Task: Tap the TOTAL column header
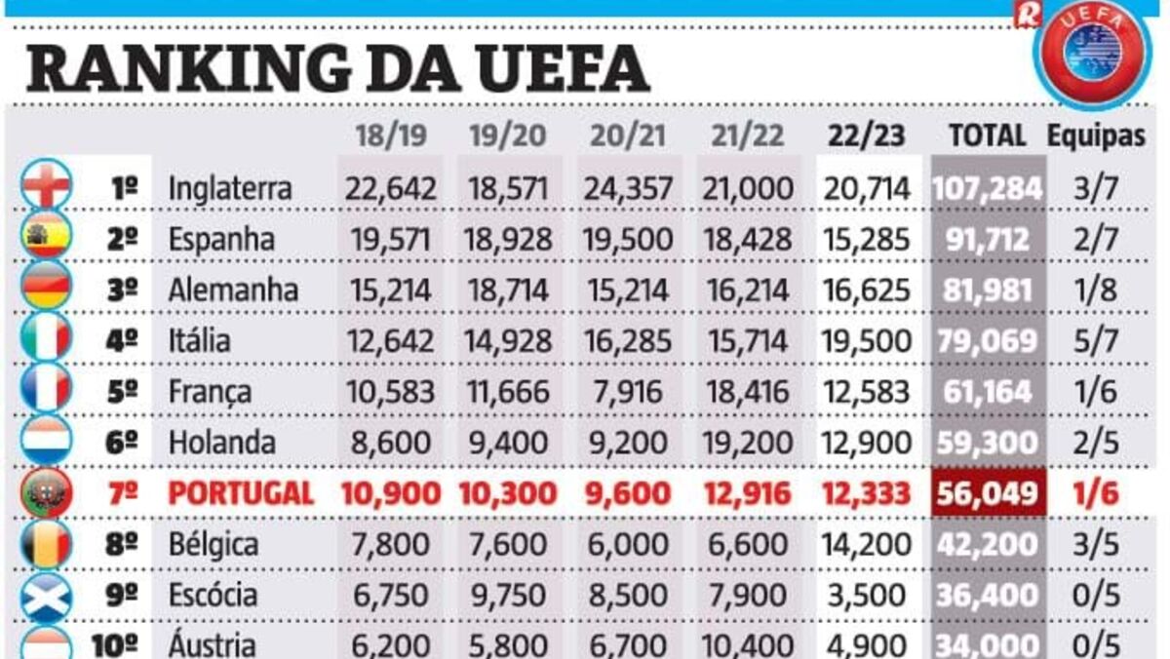(987, 136)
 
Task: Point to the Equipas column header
(1096, 136)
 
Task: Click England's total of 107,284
(987, 188)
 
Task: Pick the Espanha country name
(221, 239)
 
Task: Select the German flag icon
(47, 290)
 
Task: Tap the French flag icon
(47, 390)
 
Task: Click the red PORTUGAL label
(241, 493)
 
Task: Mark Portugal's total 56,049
(987, 493)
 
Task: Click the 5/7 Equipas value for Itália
(1096, 340)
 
